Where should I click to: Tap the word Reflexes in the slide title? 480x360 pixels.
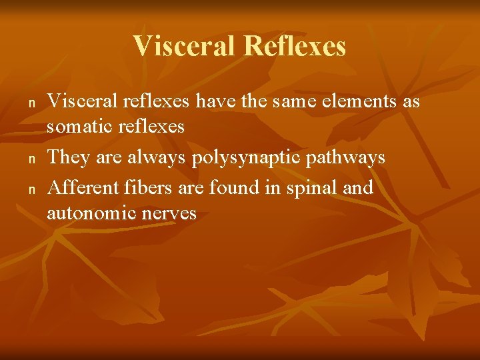[x=295, y=47]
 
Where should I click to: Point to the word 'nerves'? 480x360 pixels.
[x=173, y=213]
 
